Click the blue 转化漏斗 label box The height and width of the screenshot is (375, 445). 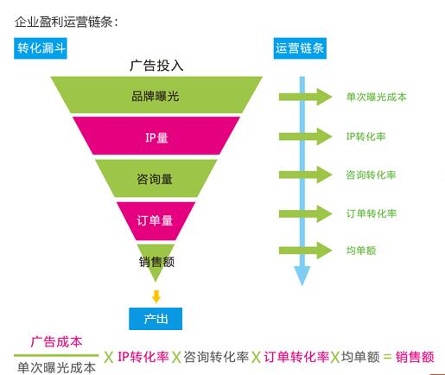click(41, 48)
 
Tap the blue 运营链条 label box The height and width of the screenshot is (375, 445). click(300, 48)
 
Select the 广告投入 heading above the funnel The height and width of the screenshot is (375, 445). click(156, 66)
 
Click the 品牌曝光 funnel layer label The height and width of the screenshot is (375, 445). click(156, 96)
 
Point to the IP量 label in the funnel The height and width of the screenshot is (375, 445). click(156, 137)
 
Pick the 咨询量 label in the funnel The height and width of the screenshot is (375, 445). click(155, 179)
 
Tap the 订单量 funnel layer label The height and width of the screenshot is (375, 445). click(155, 220)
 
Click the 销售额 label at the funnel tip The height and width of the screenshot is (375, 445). click(156, 262)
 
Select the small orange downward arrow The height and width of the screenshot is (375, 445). click(156, 297)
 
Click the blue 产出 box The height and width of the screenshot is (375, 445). click(156, 319)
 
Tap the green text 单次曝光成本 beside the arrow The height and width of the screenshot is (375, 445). click(377, 97)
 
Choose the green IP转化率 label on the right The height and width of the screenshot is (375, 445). click(366, 137)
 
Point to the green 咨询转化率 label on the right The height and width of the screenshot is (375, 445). click(371, 175)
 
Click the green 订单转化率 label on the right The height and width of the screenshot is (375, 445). click(372, 213)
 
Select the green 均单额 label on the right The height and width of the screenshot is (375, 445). click(361, 251)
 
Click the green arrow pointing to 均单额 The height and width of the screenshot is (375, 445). click(305, 251)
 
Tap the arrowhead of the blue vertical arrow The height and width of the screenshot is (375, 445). click(302, 276)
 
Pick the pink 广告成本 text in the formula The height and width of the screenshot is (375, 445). click(56, 342)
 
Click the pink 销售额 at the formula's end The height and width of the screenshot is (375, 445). click(415, 357)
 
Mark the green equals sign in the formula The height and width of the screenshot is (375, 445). click(388, 358)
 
